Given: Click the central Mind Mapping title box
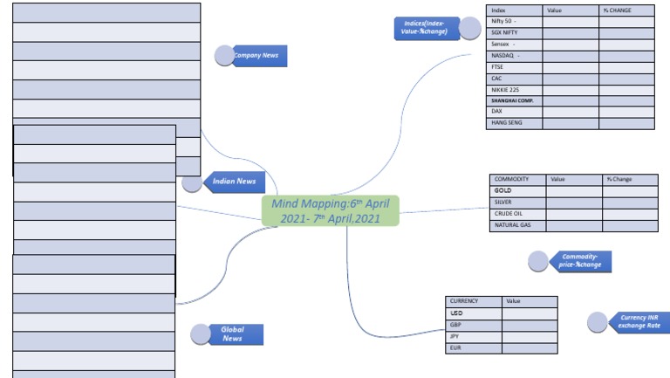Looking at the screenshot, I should point(331,210).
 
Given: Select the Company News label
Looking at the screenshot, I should point(256,56).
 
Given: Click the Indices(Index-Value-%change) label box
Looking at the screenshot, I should point(425,28).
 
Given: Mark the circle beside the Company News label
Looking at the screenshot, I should point(225,56).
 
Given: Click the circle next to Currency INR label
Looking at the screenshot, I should point(598,322).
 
